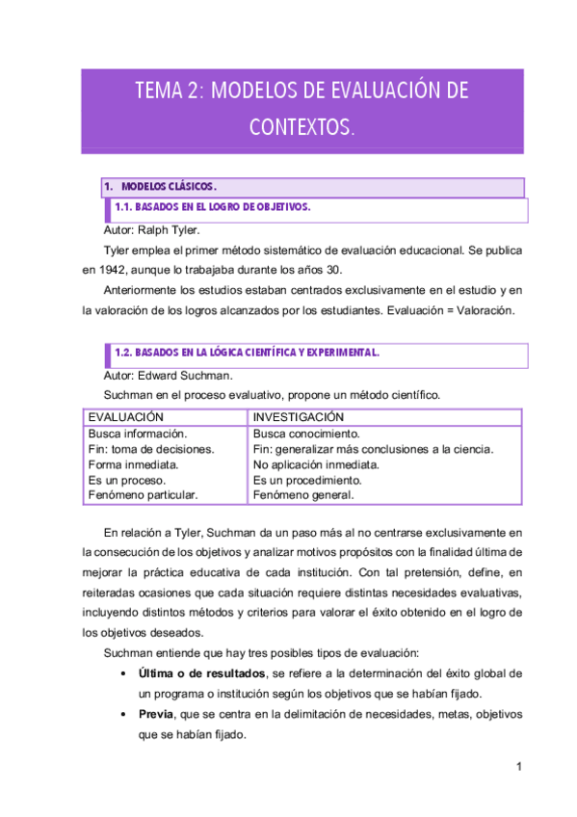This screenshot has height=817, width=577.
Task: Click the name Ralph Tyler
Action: click(x=169, y=231)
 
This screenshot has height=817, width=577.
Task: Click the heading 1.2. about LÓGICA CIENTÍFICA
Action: click(x=247, y=353)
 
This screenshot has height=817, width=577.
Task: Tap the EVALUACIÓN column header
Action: click(x=125, y=417)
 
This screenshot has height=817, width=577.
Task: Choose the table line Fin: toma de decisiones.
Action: click(x=150, y=449)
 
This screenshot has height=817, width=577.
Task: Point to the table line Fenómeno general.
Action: click(x=302, y=495)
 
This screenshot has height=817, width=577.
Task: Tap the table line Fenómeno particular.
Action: click(x=143, y=495)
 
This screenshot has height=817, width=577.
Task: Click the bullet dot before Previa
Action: click(x=118, y=715)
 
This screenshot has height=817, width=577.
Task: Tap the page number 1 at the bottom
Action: click(x=518, y=767)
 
